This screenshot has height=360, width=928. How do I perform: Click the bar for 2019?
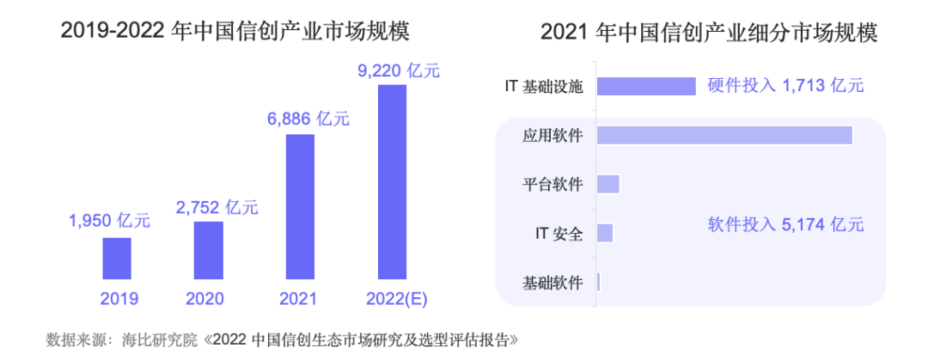tap(117, 258)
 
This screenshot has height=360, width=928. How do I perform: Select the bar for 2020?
tap(208, 250)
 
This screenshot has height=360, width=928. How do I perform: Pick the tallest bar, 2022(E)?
tap(392, 182)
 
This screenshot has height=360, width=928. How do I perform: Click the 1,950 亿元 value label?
tap(109, 221)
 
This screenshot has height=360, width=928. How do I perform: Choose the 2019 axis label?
tap(119, 299)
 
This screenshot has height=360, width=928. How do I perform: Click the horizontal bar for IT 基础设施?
tap(645, 86)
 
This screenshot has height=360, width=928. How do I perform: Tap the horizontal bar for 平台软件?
tap(607, 184)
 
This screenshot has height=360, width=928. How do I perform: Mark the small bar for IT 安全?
tap(604, 233)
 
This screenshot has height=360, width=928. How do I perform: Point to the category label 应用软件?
tap(553, 136)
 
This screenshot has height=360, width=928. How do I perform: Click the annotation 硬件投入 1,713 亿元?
tap(785, 86)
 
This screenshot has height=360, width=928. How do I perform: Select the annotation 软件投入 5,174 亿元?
tap(785, 225)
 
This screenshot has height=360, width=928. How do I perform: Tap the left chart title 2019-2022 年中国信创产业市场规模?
tap(235, 32)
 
